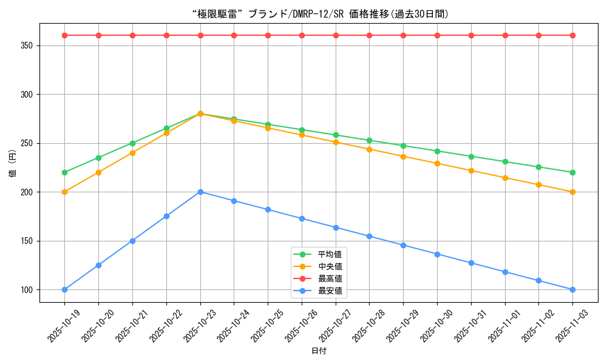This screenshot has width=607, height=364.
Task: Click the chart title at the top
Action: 303,14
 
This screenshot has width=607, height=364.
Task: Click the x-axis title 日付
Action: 319,351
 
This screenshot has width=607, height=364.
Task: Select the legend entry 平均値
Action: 330,254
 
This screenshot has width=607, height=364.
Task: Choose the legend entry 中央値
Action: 330,266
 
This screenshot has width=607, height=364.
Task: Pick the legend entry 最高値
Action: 330,278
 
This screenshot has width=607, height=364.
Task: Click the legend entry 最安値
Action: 330,291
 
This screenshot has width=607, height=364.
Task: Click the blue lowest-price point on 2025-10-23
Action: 200,192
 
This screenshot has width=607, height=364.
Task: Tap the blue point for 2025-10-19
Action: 64,289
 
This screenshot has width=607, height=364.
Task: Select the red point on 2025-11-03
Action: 572,35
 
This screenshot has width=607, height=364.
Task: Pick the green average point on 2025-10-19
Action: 64,172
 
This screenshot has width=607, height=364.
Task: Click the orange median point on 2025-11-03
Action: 572,192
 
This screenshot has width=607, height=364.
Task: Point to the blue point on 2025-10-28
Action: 369,236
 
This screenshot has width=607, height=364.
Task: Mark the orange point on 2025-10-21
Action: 132,153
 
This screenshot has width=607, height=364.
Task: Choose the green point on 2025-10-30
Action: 437,151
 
